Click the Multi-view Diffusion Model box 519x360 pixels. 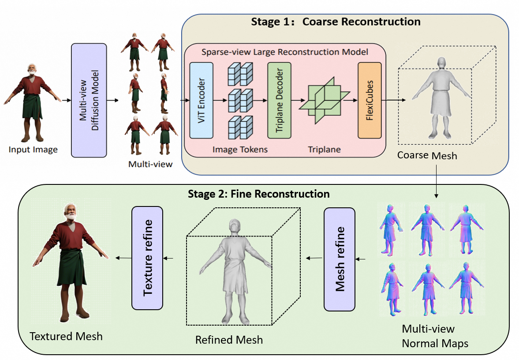pyautogui.click(x=89, y=100)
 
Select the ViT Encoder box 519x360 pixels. pyautogui.click(x=201, y=100)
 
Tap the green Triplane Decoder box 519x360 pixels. pyautogui.click(x=279, y=100)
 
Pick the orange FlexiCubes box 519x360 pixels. pyautogui.click(x=369, y=100)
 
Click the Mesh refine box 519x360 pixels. pyautogui.click(x=340, y=260)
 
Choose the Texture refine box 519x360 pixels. pyautogui.click(x=147, y=258)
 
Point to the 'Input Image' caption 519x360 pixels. pyautogui.click(x=33, y=150)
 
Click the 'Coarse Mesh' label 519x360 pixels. pyautogui.click(x=427, y=155)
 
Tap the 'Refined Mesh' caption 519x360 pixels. pyautogui.click(x=229, y=340)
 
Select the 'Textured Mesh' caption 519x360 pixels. pyautogui.click(x=66, y=336)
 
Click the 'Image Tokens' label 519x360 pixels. pyautogui.click(x=240, y=150)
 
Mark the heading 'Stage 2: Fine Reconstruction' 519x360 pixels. pyautogui.click(x=259, y=194)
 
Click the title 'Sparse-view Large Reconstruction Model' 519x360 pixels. pyautogui.click(x=284, y=52)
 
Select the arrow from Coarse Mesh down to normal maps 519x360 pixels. pyautogui.click(x=437, y=181)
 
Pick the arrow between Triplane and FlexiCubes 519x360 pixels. pyautogui.click(x=351, y=100)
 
